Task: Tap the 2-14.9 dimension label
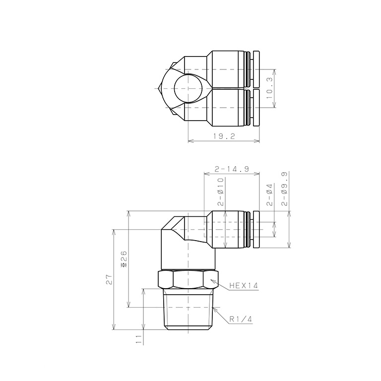pos(232,169)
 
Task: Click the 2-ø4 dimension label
pos(269,195)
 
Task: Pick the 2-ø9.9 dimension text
pos(284,189)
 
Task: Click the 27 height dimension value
pos(110,280)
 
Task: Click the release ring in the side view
pos(256,229)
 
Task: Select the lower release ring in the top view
pos(256,108)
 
